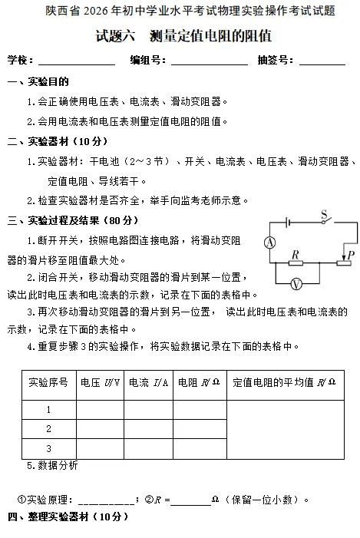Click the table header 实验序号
click(48, 381)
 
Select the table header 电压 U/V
click(100, 381)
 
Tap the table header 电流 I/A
click(149, 381)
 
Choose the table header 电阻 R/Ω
click(199, 381)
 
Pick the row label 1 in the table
click(48, 411)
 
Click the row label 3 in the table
click(48, 448)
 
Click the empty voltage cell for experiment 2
click(100, 429)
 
